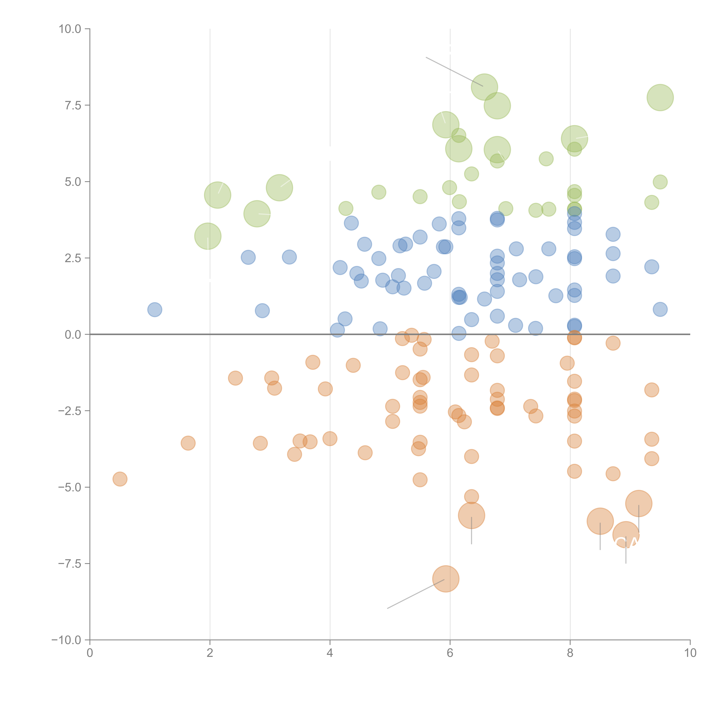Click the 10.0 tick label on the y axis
pyautogui.click(x=70, y=29)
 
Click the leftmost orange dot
pyautogui.click(x=120, y=479)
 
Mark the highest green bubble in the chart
pyautogui.click(x=484, y=87)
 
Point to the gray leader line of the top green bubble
pyautogui.click(x=454, y=71)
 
